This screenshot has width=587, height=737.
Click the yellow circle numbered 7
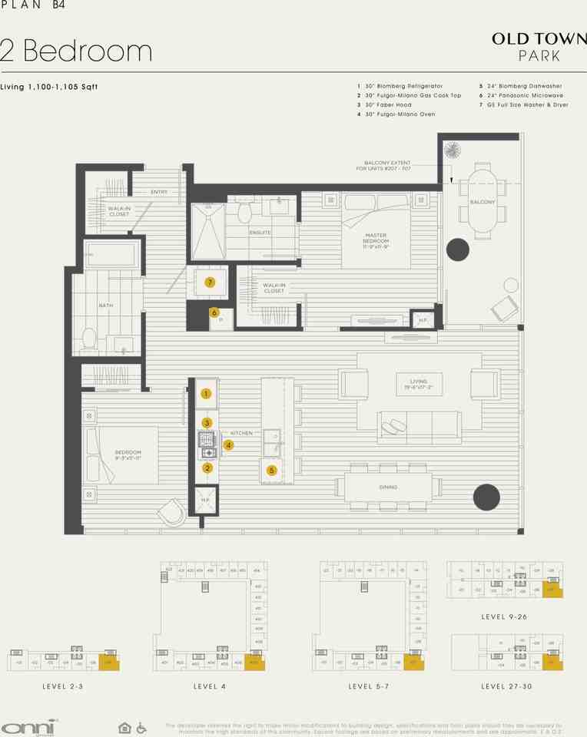[x=209, y=283]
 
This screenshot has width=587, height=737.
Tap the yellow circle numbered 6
[x=214, y=312]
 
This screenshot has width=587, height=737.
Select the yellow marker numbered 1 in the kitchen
[x=206, y=394]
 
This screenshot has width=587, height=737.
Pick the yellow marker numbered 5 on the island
[x=271, y=470]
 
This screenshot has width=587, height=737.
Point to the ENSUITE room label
[x=259, y=232]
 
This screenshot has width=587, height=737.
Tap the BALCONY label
[x=483, y=203]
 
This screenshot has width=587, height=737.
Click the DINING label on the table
[x=388, y=487]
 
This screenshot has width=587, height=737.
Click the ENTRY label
[x=159, y=192]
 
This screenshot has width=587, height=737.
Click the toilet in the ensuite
[x=245, y=210]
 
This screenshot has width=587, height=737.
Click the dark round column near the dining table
[x=486, y=497]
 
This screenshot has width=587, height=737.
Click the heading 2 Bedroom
[x=77, y=51]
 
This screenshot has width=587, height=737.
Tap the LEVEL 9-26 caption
[x=503, y=616]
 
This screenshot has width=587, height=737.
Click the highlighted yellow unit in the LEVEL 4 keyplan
[x=254, y=661]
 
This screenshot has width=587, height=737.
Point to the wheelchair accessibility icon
[x=141, y=727]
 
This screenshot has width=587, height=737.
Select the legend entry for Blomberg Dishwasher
[x=519, y=86]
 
